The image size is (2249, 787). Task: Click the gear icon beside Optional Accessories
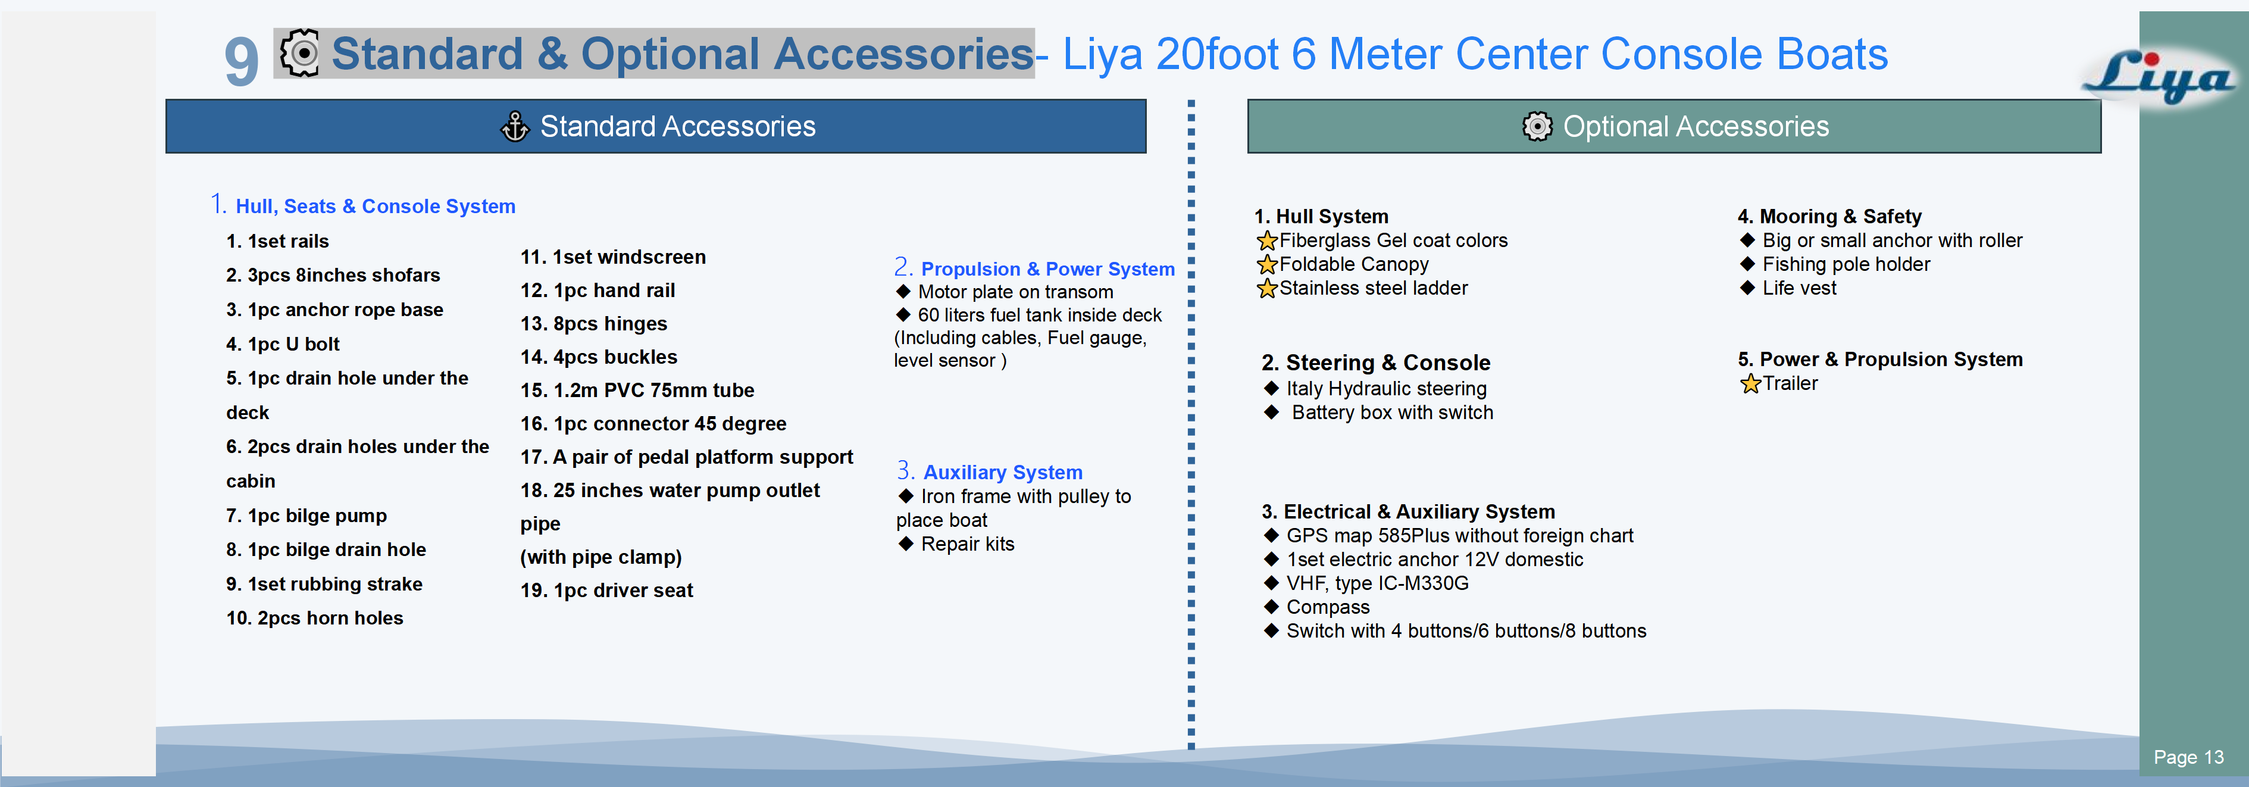[1537, 127]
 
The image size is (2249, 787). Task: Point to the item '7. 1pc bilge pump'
[306, 516]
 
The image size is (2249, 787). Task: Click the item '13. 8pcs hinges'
[594, 324]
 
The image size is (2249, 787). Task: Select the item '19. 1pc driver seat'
[607, 591]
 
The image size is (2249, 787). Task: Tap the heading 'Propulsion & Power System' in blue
[1047, 269]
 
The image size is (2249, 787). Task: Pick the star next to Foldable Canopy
[1267, 265]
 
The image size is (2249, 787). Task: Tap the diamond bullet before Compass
[1271, 606]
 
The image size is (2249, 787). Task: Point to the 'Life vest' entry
[1798, 288]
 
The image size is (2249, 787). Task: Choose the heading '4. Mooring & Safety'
[1829, 217]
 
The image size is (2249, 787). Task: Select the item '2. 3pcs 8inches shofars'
[333, 275]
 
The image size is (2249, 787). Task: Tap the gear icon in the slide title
[299, 54]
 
